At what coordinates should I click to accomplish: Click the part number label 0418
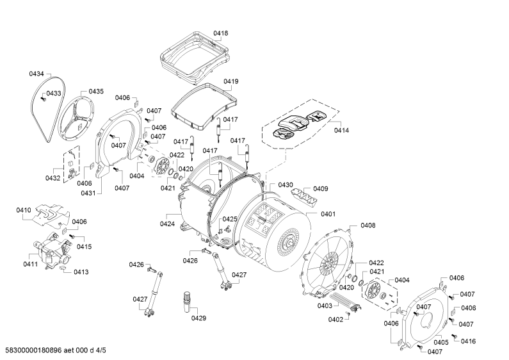pos(221,33)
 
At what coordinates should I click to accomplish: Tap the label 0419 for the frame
pos(230,81)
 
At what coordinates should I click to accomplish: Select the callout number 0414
pos(341,130)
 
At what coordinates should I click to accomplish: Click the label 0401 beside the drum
pos(328,214)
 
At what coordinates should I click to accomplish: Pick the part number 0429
pos(198,318)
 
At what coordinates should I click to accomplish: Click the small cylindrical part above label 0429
pos(188,302)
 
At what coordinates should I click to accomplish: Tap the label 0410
pos(24,210)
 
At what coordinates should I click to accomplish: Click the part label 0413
pos(81,272)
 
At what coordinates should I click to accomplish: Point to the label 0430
pos(286,185)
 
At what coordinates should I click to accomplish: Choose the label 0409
pos(321,189)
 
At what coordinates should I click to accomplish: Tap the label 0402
pos(335,320)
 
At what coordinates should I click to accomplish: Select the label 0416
pos(468,341)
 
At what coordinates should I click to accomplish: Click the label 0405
pos(441,342)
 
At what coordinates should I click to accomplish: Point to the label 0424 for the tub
pos(168,224)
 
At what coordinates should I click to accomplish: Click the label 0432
pos(53,178)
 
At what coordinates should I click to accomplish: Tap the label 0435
pos(96,92)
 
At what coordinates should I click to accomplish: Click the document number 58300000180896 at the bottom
pos(34,350)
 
